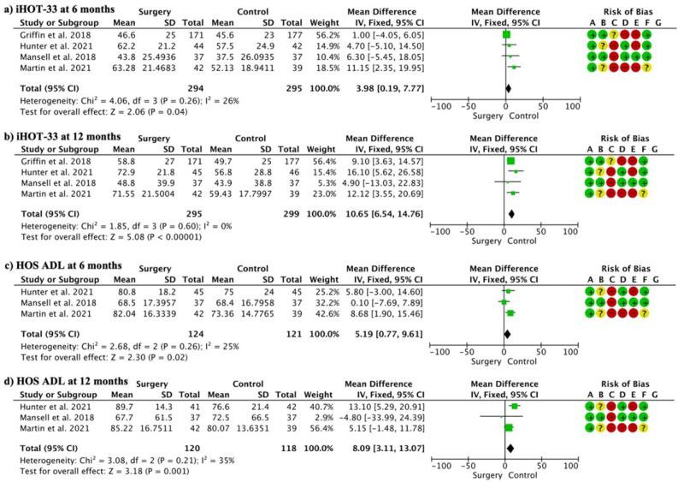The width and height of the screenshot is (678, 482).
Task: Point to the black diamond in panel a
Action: coord(508,87)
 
